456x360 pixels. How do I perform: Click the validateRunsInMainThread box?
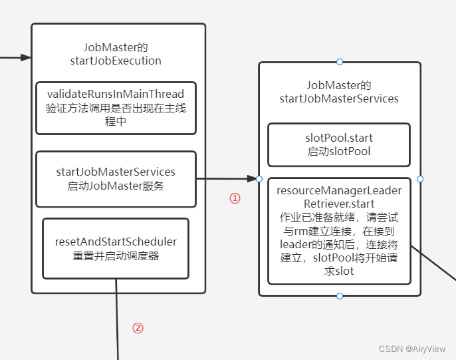click(x=116, y=108)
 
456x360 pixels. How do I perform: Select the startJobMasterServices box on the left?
click(x=116, y=178)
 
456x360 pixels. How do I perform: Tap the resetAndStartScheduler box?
click(x=116, y=248)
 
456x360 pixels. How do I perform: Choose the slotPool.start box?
click(x=339, y=144)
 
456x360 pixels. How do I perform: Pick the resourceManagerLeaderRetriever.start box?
click(x=339, y=231)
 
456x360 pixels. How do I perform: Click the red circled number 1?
click(x=235, y=198)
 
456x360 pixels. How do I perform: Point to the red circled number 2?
click(x=138, y=328)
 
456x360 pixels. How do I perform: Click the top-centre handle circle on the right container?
click(x=340, y=62)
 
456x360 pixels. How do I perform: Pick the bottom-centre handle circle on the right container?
click(x=340, y=295)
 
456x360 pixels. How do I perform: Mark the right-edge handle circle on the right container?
click(x=420, y=179)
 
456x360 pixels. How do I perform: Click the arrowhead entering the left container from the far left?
click(x=27, y=57)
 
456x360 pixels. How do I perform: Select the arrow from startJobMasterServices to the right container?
click(x=226, y=178)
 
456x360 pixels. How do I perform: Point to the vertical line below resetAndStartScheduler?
click(x=117, y=319)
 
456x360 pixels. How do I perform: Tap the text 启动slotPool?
click(x=339, y=151)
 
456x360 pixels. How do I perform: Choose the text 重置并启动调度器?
click(x=116, y=256)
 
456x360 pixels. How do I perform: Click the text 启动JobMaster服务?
click(x=116, y=186)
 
